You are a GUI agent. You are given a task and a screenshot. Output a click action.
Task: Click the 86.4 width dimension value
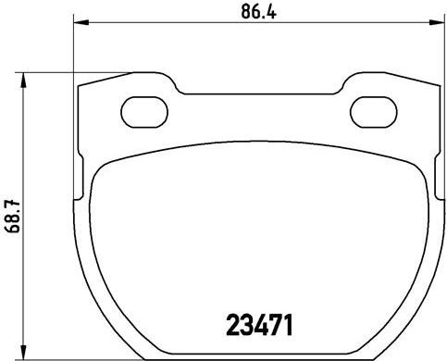click(258, 12)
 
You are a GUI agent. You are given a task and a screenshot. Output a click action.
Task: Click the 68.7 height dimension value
click(13, 216)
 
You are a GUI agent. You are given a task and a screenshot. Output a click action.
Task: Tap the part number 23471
click(259, 325)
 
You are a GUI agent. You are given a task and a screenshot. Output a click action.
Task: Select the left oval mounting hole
click(144, 112)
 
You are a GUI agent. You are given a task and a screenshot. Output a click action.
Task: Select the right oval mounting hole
click(374, 112)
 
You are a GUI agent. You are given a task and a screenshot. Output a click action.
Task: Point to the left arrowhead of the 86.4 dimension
click(81, 22)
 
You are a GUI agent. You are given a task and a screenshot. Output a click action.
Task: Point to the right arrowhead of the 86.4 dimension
click(437, 22)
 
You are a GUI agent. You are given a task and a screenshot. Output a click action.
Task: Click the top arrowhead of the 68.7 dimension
click(23, 81)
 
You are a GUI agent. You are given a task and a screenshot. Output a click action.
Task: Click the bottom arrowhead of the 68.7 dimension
click(23, 352)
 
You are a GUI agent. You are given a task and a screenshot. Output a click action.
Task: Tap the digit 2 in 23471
click(233, 325)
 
